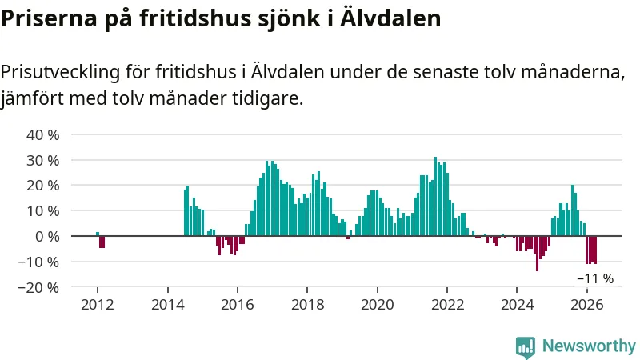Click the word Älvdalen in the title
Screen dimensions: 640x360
390,18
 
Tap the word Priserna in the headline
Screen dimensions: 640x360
49,18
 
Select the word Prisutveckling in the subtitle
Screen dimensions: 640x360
61,72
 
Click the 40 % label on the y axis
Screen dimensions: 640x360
43,134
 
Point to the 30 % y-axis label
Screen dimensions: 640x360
43,161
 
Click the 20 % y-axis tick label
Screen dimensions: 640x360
43,186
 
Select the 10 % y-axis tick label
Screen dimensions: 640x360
43,211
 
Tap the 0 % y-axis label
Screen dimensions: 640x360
47,237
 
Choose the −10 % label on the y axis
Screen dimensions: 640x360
38,262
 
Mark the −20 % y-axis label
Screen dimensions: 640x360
38,288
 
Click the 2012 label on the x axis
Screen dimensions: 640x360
98,305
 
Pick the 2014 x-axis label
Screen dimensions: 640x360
168,305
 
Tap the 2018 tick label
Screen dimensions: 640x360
308,305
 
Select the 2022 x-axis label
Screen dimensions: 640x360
447,305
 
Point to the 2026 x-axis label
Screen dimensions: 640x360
587,305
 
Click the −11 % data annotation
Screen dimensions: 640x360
595,278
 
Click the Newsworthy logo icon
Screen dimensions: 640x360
526,347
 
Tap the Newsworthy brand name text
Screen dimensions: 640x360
589,346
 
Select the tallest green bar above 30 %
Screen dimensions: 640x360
435,196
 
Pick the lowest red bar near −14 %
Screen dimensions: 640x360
537,254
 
